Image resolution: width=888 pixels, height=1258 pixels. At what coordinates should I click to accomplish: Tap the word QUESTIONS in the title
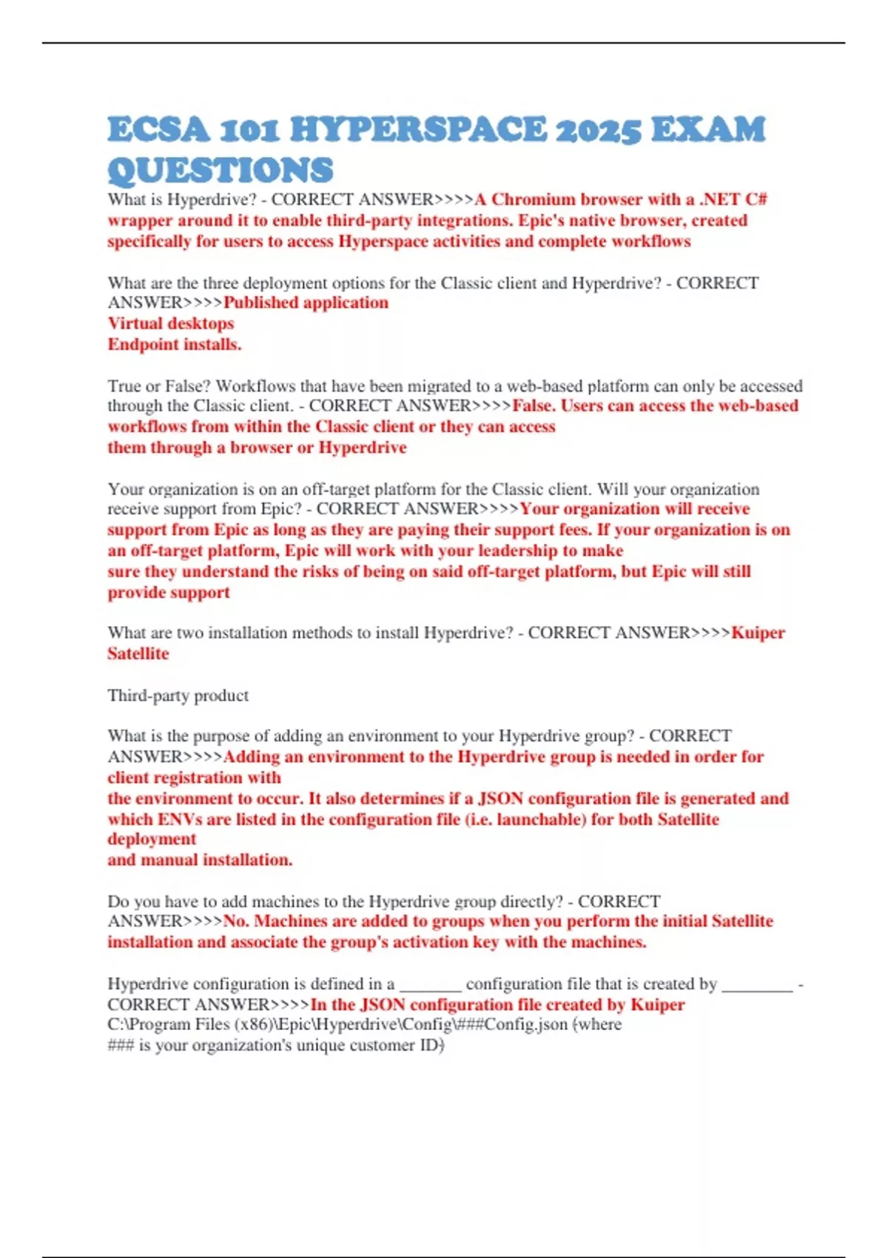tap(221, 170)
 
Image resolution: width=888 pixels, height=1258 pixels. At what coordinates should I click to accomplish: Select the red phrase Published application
tap(306, 303)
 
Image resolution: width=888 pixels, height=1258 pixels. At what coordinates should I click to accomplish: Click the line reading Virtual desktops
tap(170, 323)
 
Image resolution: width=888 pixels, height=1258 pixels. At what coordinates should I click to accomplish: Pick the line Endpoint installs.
tap(175, 344)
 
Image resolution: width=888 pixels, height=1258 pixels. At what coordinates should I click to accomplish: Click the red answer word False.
tap(534, 406)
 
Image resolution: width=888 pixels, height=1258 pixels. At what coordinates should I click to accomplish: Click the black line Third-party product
tap(178, 696)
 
